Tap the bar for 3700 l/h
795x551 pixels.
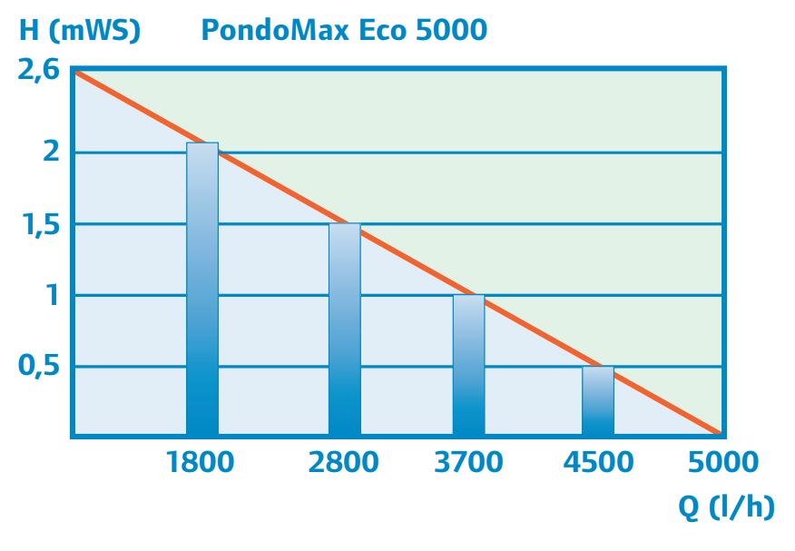pyautogui.click(x=468, y=365)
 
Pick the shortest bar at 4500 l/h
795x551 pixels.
pyautogui.click(x=598, y=400)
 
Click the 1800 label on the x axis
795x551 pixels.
pyautogui.click(x=201, y=462)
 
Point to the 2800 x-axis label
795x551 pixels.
pyautogui.click(x=343, y=462)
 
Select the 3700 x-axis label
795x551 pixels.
pyautogui.click(x=468, y=462)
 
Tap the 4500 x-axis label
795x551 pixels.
pyautogui.click(x=598, y=462)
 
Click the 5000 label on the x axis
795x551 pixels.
pyautogui.click(x=722, y=462)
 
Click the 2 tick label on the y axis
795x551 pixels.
pyautogui.click(x=52, y=151)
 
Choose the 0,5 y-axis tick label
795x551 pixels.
pyautogui.click(x=41, y=367)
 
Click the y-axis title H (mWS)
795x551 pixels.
pyautogui.click(x=81, y=30)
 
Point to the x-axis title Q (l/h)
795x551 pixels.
pyautogui.click(x=727, y=507)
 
